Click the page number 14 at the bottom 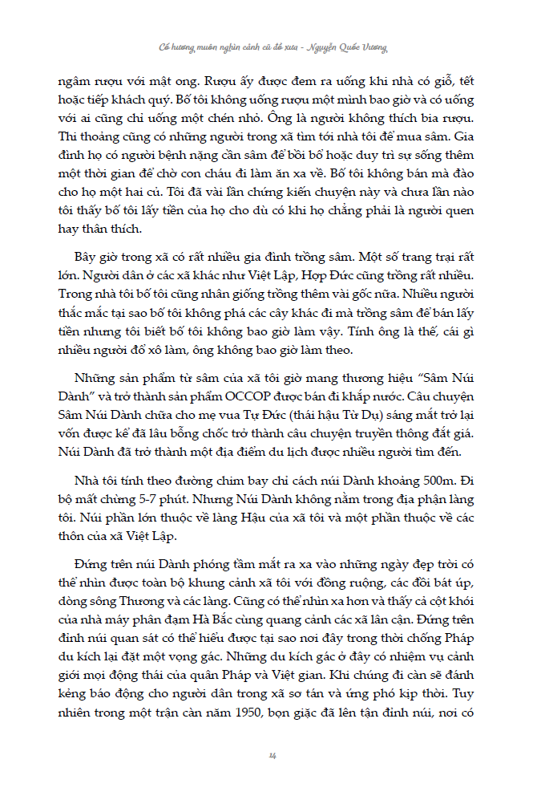pos(273,755)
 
